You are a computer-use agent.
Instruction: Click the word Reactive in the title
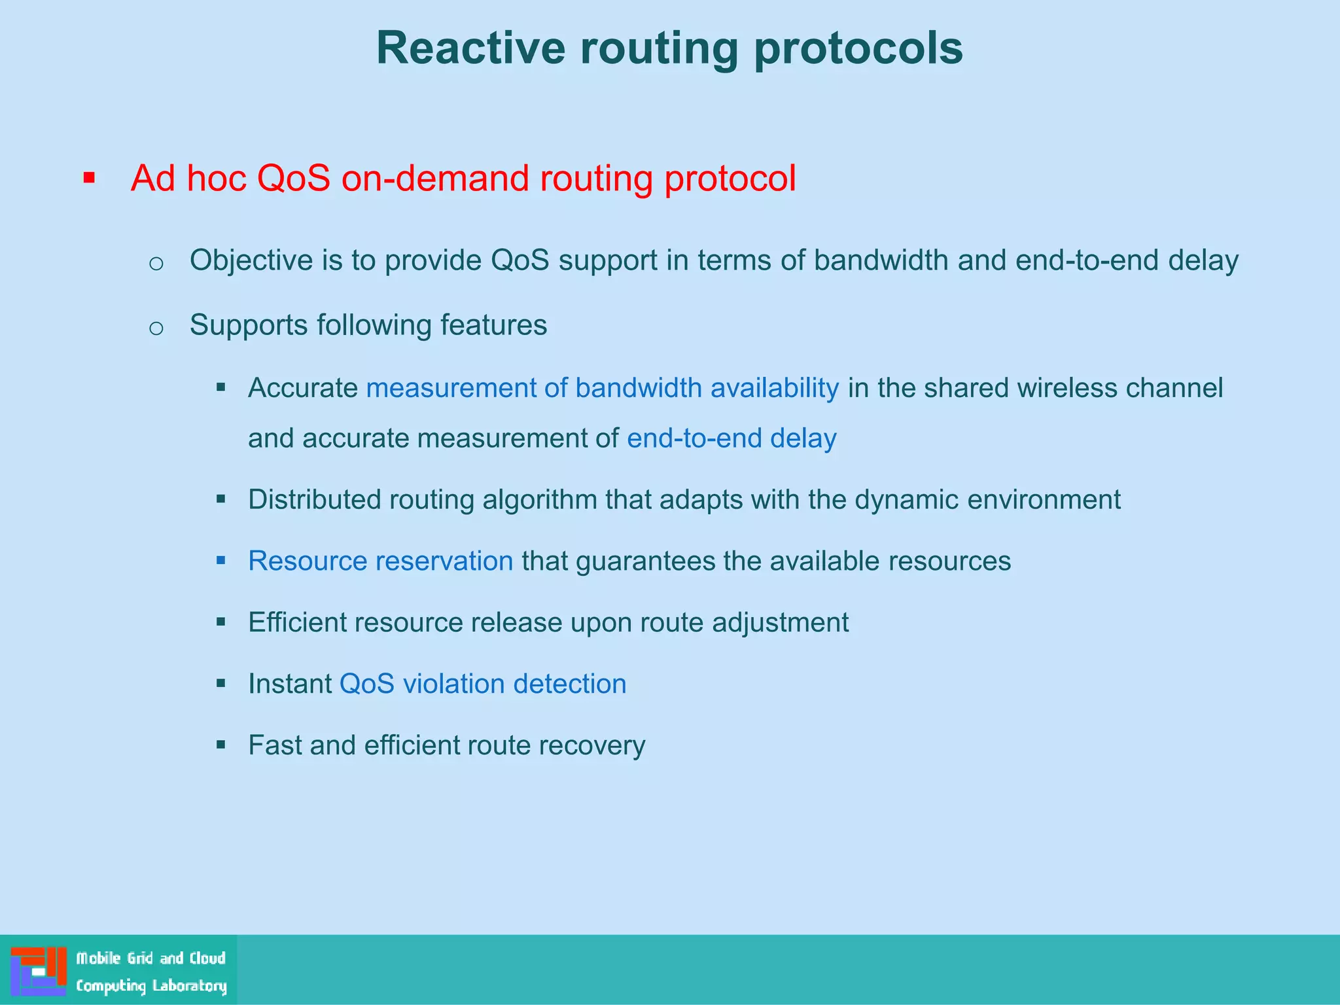[470, 48]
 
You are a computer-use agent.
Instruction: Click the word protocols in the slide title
[858, 48]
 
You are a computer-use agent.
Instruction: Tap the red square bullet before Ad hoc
[90, 177]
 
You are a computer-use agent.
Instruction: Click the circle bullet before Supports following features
[156, 328]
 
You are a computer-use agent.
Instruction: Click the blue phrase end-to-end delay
[732, 438]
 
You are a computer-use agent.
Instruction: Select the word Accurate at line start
[303, 388]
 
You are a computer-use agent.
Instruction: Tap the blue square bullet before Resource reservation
[221, 561]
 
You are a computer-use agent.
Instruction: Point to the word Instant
[290, 684]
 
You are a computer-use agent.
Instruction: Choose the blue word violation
[453, 684]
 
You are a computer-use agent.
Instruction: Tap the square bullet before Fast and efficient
[221, 745]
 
